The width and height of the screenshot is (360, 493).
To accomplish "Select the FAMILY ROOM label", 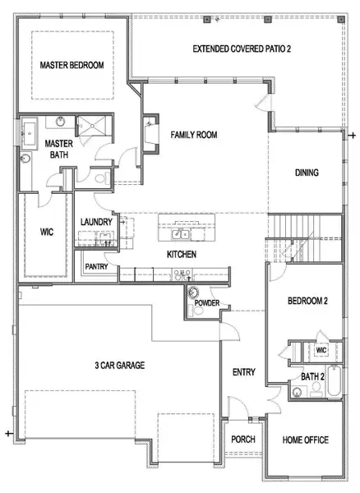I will point(193,135).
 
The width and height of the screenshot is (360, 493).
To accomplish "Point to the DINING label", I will point(306,173).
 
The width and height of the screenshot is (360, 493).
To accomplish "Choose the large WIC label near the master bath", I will point(47,233).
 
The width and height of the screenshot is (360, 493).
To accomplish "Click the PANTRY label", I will point(96,266).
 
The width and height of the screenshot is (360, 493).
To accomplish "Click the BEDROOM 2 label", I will point(307,302).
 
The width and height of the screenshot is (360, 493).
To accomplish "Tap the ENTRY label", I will point(243,372).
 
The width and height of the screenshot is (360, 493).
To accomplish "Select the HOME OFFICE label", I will point(306,440).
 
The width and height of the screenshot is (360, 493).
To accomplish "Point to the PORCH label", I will point(242,440).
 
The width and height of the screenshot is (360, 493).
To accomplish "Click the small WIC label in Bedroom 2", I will point(321,350).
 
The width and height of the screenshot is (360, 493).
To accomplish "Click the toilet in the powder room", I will point(194,294).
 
